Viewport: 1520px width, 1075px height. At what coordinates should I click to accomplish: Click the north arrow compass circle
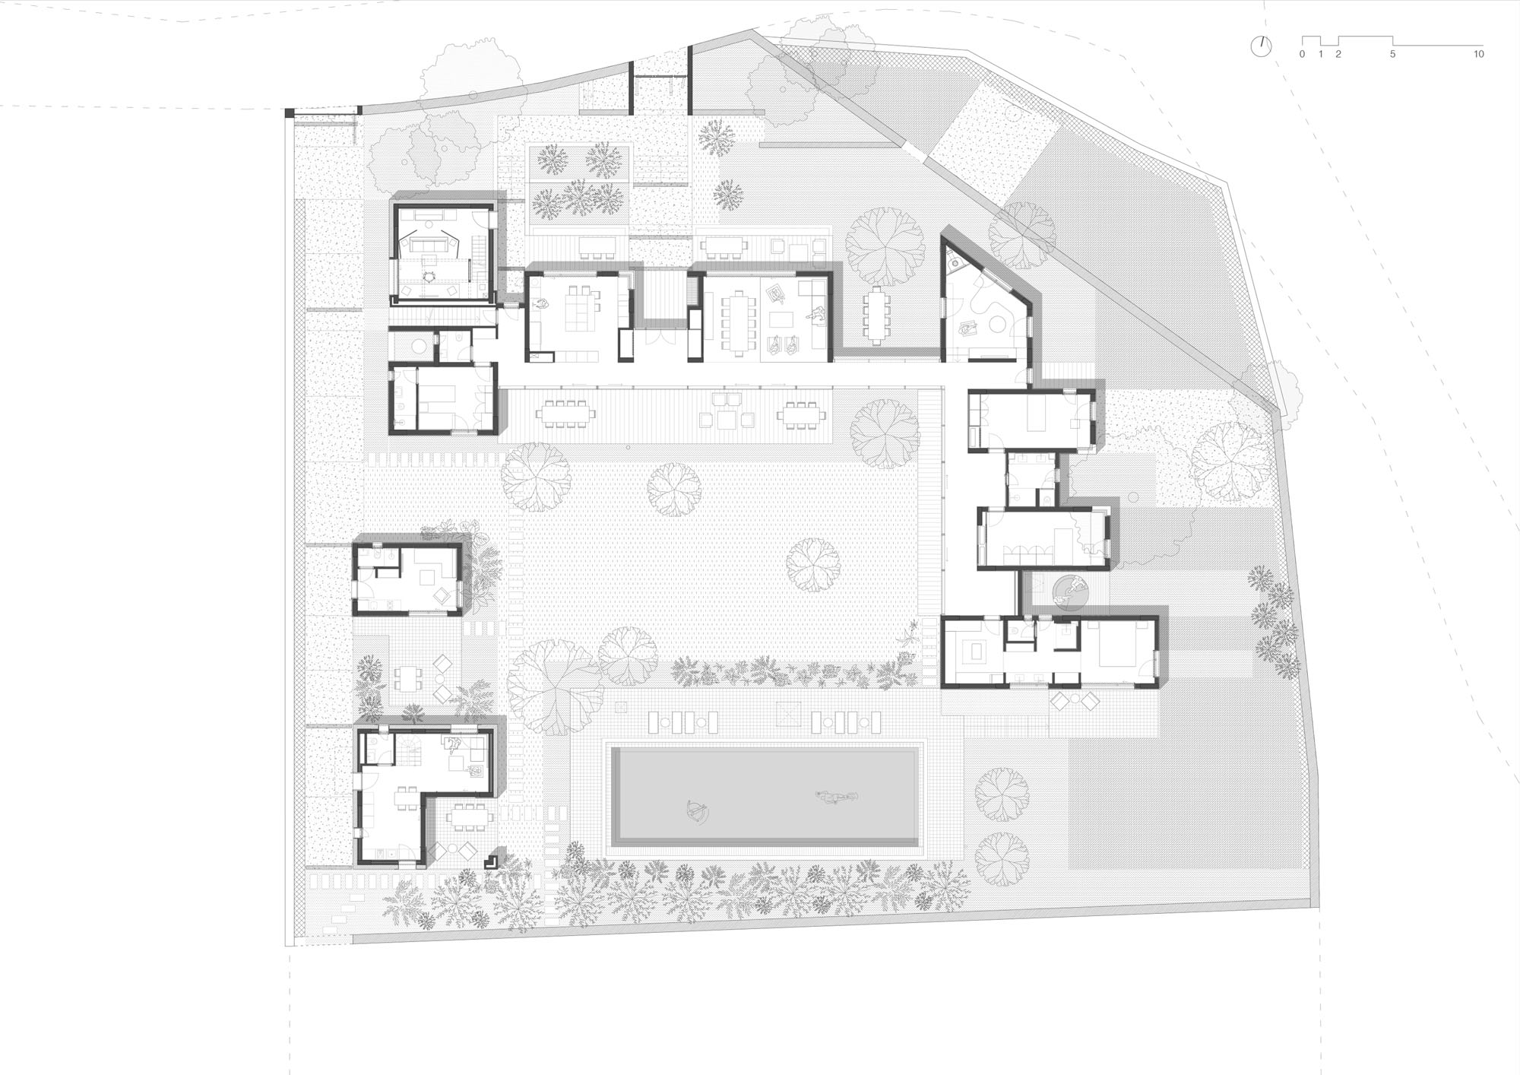tap(1261, 46)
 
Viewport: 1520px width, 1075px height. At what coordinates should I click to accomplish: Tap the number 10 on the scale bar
tap(1478, 54)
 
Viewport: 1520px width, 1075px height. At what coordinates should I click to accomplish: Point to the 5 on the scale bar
tap(1392, 54)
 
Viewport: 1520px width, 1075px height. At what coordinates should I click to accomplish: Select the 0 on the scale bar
tap(1302, 54)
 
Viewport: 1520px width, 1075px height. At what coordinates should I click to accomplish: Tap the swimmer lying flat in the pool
tap(836, 797)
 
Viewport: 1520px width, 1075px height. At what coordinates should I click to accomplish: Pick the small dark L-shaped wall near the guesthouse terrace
tap(492, 860)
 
